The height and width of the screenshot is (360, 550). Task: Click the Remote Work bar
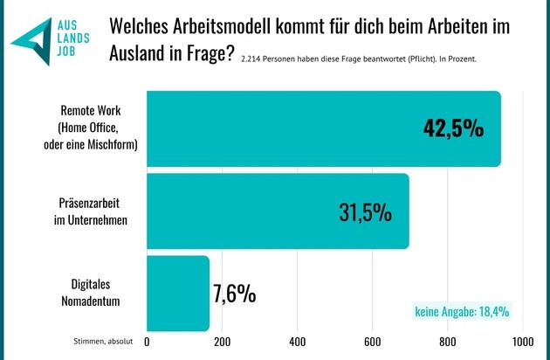323,128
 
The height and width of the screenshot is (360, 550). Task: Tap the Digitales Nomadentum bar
178,293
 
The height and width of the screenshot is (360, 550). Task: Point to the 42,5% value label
447,128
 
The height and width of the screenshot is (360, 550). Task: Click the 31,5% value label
364,211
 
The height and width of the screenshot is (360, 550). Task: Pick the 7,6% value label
234,294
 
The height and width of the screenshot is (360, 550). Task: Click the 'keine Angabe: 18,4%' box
462,310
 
